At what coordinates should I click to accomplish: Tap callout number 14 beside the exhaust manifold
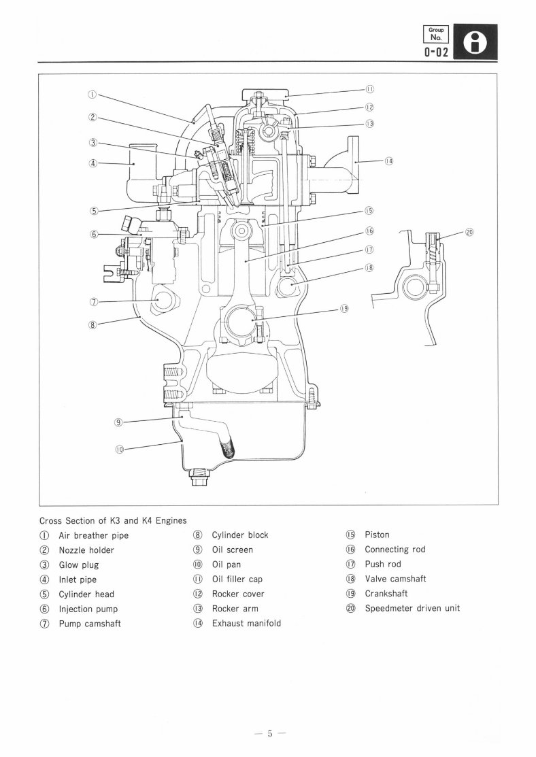coord(388,161)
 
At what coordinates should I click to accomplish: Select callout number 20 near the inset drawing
coord(469,232)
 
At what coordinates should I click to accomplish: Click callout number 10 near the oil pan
coord(118,448)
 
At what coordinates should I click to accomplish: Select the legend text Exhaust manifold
coord(246,623)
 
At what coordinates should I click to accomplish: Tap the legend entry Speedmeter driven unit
coord(412,608)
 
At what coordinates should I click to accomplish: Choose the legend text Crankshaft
coord(386,594)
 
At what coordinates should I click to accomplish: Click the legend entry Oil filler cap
coord(237,579)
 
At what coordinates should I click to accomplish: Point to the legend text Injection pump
coord(90,609)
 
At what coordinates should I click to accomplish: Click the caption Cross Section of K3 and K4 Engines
coord(112,520)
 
